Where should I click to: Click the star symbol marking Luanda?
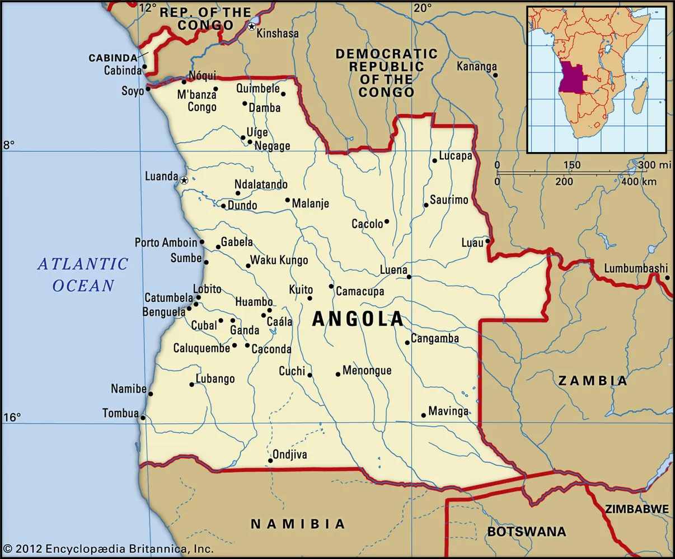pos(184,180)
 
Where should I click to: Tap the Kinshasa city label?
pos(277,34)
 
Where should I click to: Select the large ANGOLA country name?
pos(358,319)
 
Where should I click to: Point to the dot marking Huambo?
pos(269,310)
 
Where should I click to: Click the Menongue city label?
pos(367,371)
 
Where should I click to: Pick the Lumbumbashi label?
pos(636,268)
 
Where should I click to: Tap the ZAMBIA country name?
pos(592,381)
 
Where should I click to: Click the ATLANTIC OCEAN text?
pos(83,274)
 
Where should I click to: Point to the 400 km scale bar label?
pos(639,182)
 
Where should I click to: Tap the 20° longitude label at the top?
pos(423,8)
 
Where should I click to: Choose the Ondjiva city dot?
pos(270,461)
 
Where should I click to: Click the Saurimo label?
pos(449,200)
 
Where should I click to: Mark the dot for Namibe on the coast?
pos(150,394)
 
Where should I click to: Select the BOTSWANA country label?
pos(526,532)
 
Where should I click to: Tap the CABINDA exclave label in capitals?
pos(113,58)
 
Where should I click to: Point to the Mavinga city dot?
pos(423,415)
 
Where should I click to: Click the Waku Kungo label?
pos(279,260)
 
